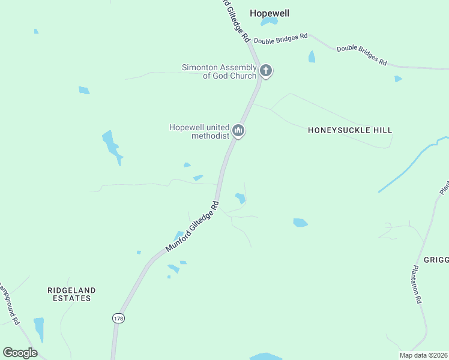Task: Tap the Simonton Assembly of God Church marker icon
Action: coord(266,71)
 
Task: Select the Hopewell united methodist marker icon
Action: coord(238,130)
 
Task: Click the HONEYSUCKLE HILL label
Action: coord(350,130)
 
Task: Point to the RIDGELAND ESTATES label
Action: coord(71,294)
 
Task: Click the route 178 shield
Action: coord(117,318)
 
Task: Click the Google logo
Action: coord(20,353)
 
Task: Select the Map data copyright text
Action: coord(424,355)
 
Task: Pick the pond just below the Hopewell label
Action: coord(269,22)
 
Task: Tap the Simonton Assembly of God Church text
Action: coord(219,71)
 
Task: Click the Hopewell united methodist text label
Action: coord(200,131)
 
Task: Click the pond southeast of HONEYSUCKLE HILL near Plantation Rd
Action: coord(300,223)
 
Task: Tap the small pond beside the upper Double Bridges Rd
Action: coord(312,57)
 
